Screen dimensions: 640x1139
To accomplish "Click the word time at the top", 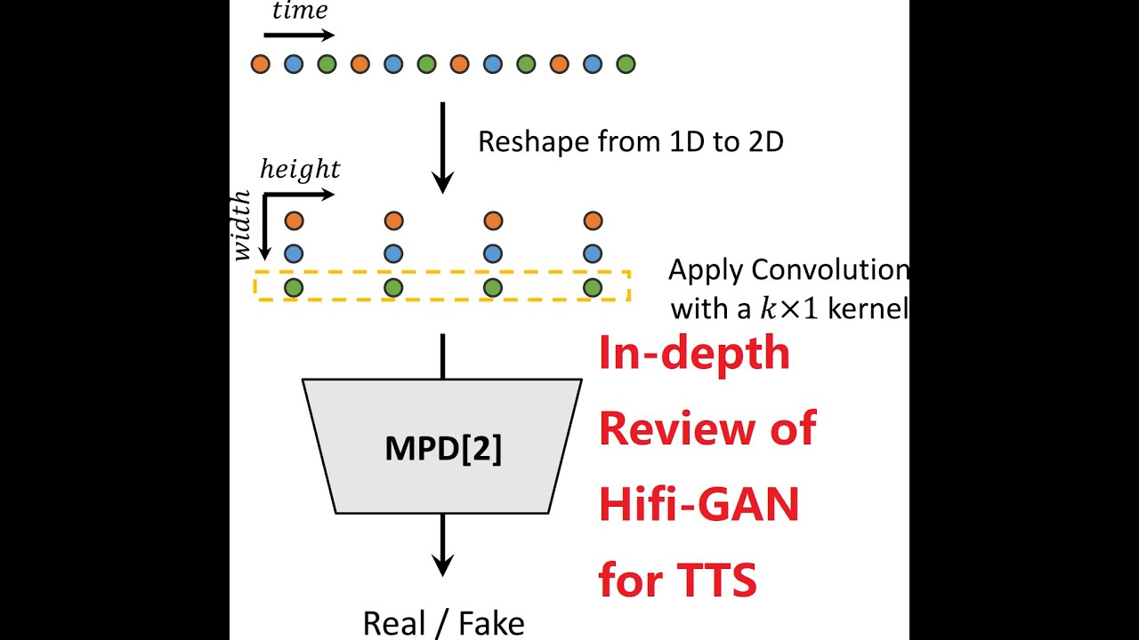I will (299, 12).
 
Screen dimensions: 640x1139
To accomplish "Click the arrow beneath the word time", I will (299, 36).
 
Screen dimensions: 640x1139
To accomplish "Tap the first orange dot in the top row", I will (260, 64).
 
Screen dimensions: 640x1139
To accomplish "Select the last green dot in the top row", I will (626, 64).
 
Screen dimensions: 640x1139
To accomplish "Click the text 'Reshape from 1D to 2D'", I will (630, 141).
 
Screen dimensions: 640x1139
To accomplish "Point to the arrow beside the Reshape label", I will (442, 147).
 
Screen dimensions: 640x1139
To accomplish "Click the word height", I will (299, 170).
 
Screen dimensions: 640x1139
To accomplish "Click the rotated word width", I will (242, 228).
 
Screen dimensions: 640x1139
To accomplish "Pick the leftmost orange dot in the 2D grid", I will (294, 220).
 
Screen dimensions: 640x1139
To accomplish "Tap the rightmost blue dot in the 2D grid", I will (593, 254).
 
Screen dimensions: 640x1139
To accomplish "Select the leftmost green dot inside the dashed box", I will (294, 288).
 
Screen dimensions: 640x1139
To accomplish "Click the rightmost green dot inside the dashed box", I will (593, 288).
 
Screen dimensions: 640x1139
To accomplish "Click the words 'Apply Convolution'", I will (788, 269).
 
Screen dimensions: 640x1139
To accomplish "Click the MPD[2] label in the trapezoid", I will (443, 449).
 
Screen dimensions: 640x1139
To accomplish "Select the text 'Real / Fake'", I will (443, 624).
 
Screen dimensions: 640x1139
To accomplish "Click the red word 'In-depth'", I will (694, 354).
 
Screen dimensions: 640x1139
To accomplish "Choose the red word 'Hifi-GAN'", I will (699, 505).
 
